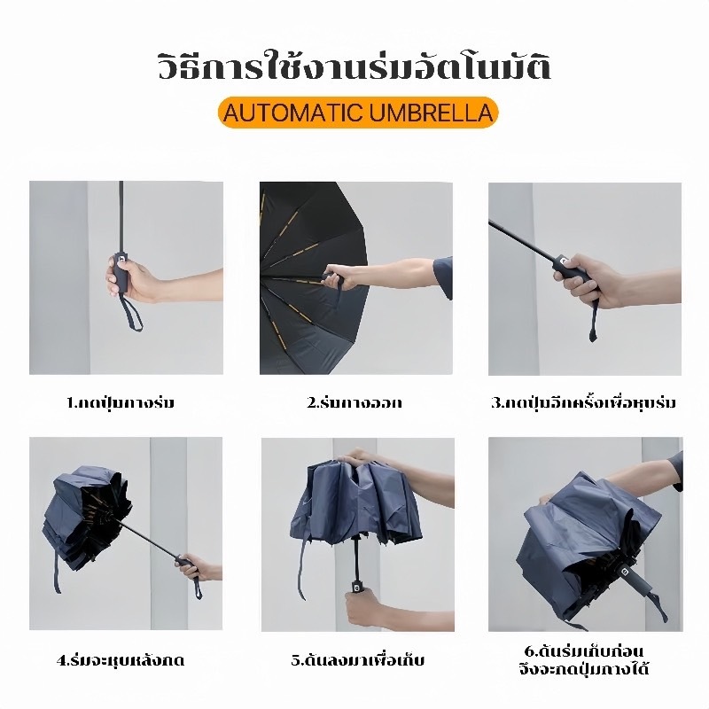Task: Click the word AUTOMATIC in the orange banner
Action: coord(293,113)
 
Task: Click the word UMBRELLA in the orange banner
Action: coord(431,113)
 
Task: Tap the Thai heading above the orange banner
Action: coord(354,68)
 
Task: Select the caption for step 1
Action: coord(121,402)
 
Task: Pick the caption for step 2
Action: coord(354,402)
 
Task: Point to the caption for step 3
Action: coord(584,402)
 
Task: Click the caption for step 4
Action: coord(121,660)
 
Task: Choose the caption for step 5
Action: coord(358,660)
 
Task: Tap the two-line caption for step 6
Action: coord(584,660)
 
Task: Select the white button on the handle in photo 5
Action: coord(356,588)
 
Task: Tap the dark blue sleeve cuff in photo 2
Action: coord(443,278)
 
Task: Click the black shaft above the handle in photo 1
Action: coord(121,214)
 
